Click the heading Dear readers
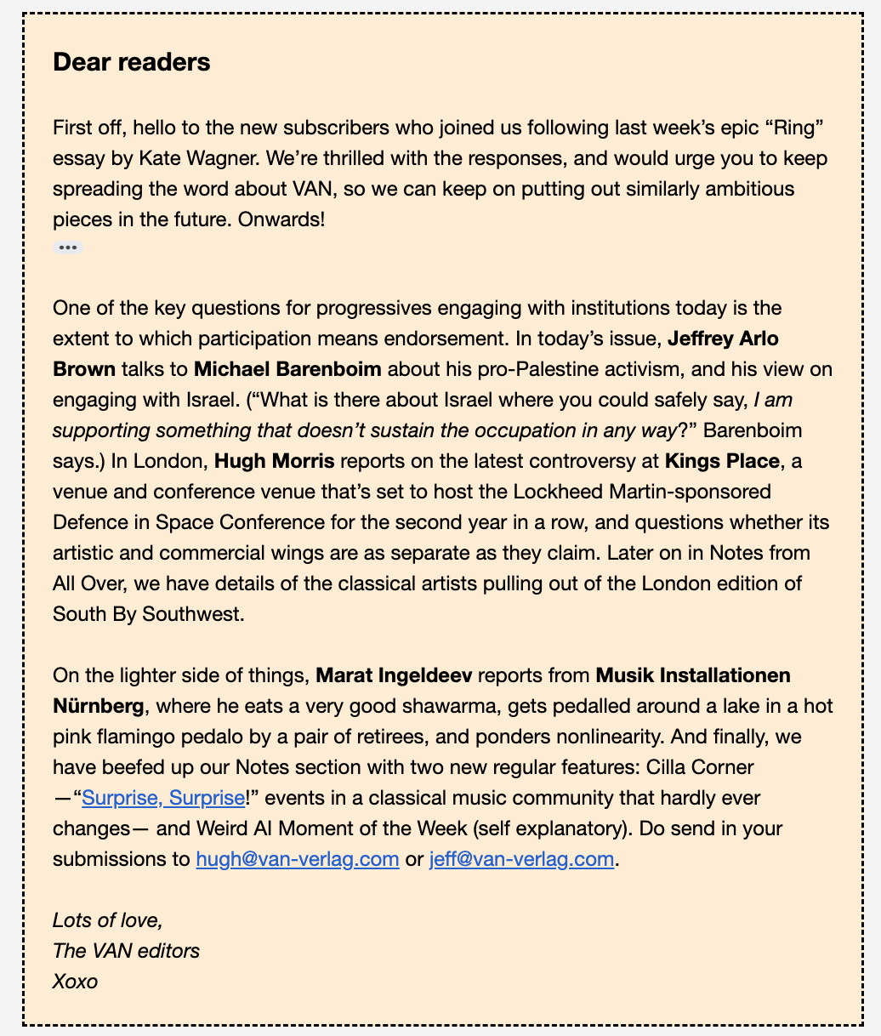coord(131,62)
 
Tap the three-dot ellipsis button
coord(68,248)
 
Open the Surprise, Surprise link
coord(162,798)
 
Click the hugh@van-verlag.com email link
coord(298,859)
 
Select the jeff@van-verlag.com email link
coord(521,859)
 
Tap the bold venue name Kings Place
coord(722,461)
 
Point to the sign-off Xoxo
coord(76,981)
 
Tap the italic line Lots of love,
coord(107,919)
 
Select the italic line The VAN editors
coord(126,950)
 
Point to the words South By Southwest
coord(148,614)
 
